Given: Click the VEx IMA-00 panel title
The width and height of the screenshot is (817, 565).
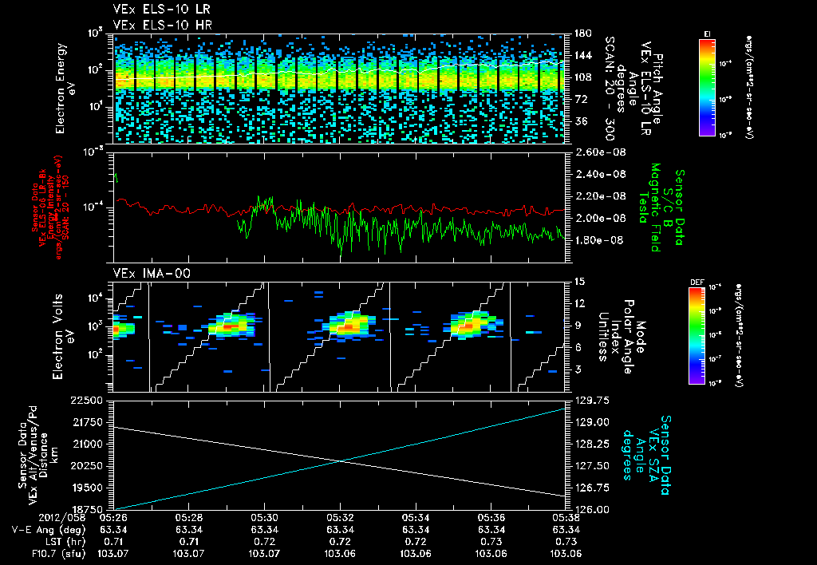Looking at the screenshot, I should (x=143, y=273).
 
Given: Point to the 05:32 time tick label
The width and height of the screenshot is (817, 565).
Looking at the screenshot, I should (x=341, y=517).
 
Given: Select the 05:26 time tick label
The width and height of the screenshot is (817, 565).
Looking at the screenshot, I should (x=112, y=517).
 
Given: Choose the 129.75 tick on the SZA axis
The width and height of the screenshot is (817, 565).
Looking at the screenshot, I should (x=590, y=401).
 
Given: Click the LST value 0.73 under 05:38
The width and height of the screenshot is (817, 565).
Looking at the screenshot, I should (x=565, y=540).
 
